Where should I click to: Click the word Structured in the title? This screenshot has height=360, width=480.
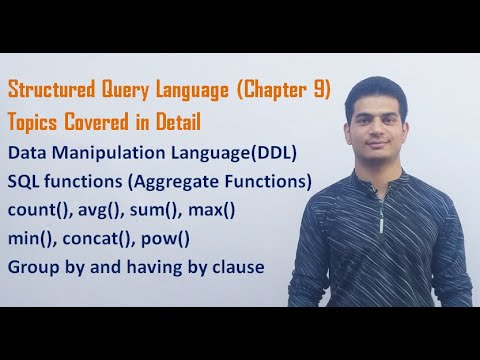(51, 89)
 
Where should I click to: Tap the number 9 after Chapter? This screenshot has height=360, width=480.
(319, 89)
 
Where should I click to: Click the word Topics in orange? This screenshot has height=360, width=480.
(32, 122)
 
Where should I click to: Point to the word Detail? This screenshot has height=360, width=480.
(178, 121)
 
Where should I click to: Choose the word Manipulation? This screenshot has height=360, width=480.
(108, 153)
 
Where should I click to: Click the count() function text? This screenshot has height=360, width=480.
(40, 210)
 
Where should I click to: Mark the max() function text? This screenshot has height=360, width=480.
(211, 210)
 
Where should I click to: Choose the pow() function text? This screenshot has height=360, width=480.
(165, 239)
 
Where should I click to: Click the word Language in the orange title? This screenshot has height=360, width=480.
(192, 90)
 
